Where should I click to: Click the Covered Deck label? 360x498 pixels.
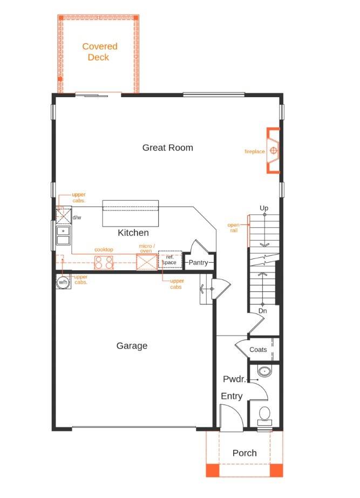pyautogui.click(x=99, y=52)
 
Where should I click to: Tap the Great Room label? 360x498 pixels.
pyautogui.click(x=167, y=147)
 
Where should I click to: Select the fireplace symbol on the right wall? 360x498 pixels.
pyautogui.click(x=274, y=151)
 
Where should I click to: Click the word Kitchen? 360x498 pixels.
pyautogui.click(x=133, y=233)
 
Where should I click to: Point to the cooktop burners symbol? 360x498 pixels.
pyautogui.click(x=104, y=262)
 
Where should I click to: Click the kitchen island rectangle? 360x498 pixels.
pyautogui.click(x=131, y=213)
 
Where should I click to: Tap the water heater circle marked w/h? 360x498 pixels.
pyautogui.click(x=63, y=282)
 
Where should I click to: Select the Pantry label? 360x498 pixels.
pyautogui.click(x=198, y=263)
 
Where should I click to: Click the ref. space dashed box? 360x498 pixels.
pyautogui.click(x=169, y=260)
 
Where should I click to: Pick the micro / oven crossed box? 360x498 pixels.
pyautogui.click(x=146, y=262)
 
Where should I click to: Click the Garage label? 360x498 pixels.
pyautogui.click(x=132, y=346)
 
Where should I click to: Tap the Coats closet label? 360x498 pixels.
pyautogui.click(x=258, y=350)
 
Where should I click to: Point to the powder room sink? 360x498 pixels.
pyautogui.click(x=264, y=372)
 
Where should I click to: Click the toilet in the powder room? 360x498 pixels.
pyautogui.click(x=264, y=414)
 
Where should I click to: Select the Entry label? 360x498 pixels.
pyautogui.click(x=232, y=396)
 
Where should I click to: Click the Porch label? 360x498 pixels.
pyautogui.click(x=244, y=453)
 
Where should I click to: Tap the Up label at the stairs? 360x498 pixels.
pyautogui.click(x=264, y=208)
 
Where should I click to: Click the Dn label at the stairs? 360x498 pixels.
pyautogui.click(x=262, y=311)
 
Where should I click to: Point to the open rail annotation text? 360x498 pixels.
pyautogui.click(x=233, y=227)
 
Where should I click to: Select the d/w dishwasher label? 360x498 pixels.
pyautogui.click(x=77, y=217)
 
